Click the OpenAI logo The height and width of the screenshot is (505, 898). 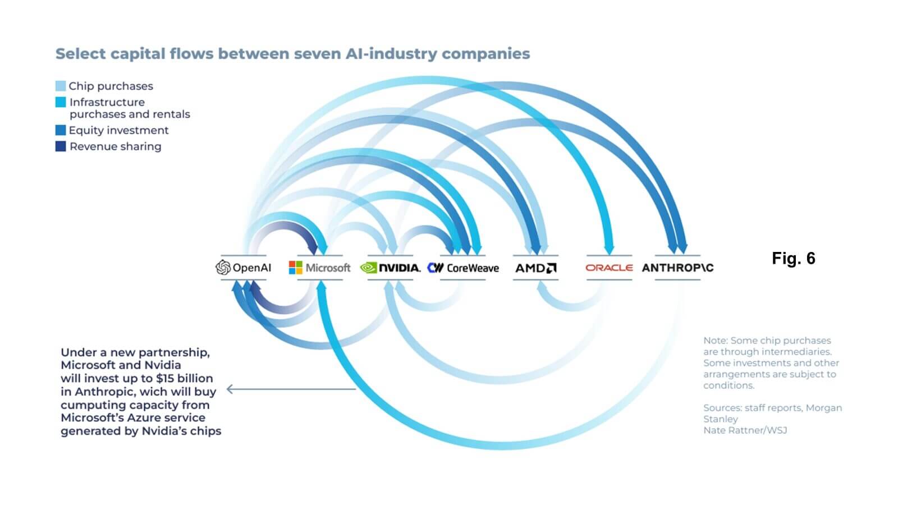pos(244,268)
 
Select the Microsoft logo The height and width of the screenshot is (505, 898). pos(319,268)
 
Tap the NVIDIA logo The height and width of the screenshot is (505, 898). pos(390,268)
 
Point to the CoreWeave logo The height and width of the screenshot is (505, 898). pos(463,268)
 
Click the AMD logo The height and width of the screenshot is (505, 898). pos(536,268)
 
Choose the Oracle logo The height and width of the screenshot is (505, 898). pos(609,268)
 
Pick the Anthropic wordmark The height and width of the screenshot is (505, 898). pos(677,268)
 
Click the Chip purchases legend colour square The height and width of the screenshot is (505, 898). pos(61,86)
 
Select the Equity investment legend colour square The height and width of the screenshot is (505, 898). pos(61,130)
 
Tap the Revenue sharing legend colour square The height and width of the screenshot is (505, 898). pos(61,146)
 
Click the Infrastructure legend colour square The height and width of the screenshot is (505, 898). pos(61,102)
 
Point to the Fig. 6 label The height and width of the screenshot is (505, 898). pos(793,258)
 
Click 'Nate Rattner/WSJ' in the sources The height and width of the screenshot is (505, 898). pos(745,430)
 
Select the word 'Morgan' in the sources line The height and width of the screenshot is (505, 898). pos(823,408)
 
